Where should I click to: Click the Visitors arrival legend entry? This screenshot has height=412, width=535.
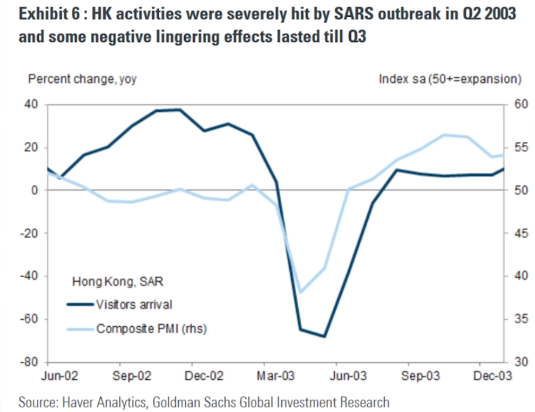click(x=134, y=305)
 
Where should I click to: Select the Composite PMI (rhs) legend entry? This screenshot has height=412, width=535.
click(x=151, y=328)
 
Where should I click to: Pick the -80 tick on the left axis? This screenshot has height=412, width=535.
click(x=31, y=362)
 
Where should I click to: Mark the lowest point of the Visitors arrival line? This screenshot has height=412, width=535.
click(x=324, y=337)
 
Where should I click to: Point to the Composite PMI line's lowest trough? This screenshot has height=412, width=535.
click(x=301, y=292)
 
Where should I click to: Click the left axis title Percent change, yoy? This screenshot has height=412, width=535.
click(x=82, y=79)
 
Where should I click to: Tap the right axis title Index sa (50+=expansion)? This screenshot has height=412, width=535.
click(x=450, y=79)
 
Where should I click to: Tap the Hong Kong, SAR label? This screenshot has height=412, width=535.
click(x=118, y=281)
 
